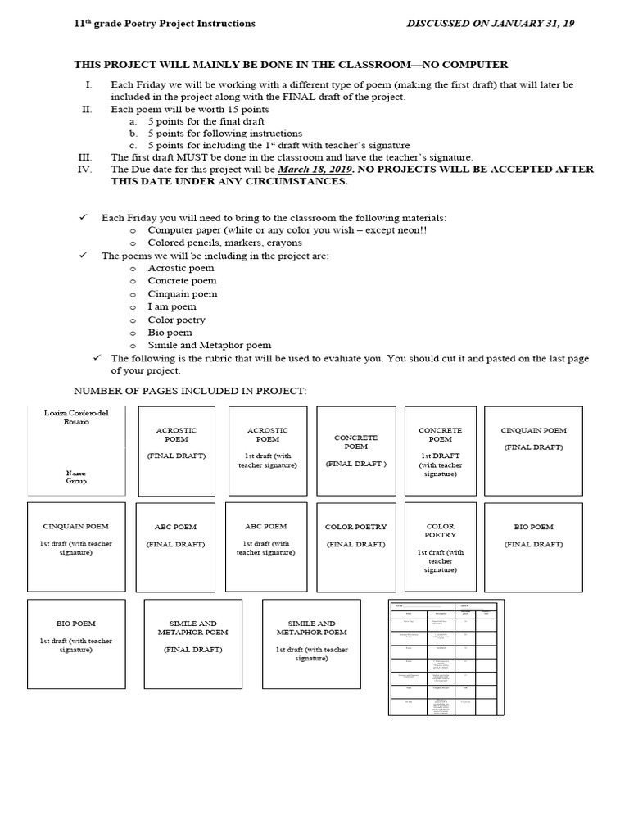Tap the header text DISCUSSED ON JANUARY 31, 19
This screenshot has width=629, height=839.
point(490,24)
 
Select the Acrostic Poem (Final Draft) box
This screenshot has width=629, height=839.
point(176,451)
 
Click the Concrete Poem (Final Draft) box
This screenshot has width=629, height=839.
point(355,451)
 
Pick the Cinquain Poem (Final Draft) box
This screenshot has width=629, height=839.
point(533,451)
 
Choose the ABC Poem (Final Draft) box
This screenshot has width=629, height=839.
point(176,546)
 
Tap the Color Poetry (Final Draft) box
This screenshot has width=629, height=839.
point(355,546)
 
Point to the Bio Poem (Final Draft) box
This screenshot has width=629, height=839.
point(533,546)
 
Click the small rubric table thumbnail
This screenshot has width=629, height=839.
point(446,657)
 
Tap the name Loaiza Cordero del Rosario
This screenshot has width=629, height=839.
point(76,417)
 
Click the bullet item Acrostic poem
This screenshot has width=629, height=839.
point(180,268)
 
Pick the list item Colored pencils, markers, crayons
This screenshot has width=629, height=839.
point(224,243)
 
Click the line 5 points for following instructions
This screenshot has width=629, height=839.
point(224,133)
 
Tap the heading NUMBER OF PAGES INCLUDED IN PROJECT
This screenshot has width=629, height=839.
point(190,391)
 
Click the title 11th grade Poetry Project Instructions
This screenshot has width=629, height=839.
point(165,24)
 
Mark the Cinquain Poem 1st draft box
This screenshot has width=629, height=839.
point(76,546)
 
